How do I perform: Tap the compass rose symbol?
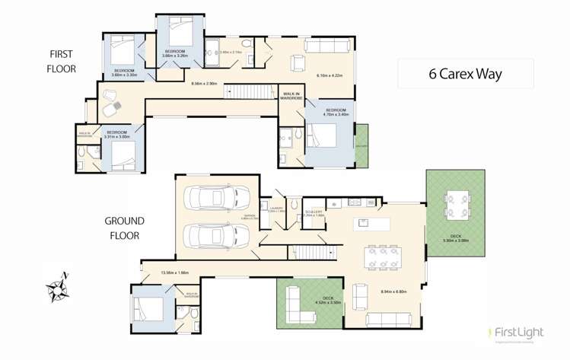tap(58, 288)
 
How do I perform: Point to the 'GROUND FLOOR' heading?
tap(125, 228)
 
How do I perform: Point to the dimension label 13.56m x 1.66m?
tap(174, 272)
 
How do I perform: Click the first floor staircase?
tap(249, 91)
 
